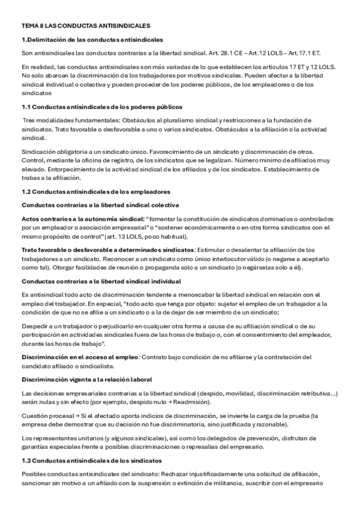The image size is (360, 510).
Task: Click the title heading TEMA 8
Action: tap(85, 26)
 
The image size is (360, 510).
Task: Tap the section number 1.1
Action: tap(26, 106)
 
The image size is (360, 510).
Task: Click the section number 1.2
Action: tap(26, 192)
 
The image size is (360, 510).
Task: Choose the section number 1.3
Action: tap(26, 460)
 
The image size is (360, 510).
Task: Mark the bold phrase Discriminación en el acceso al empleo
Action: tap(80, 357)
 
